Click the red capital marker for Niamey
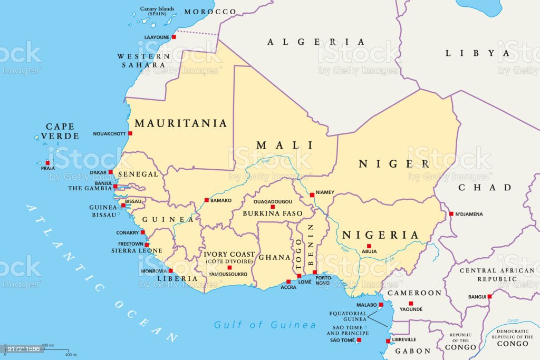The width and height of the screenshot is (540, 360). pos(312,194)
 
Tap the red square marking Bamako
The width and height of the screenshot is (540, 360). pos(206,200)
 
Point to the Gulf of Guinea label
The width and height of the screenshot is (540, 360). pos(265,325)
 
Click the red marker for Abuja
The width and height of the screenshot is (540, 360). pos(369,246)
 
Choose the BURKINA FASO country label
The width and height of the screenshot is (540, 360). pos(273,213)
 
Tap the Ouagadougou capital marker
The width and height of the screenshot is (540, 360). pos(273,207)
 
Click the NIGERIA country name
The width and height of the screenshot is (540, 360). pos(381,235)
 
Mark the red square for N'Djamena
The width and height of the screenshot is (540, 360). pos(451,214)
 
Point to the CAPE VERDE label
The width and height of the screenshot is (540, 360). pos(60,131)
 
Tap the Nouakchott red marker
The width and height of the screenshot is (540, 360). pos(130,134)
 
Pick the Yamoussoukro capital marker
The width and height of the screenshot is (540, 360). pos(229,268)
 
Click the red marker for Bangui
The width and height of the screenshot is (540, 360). pos(489,297)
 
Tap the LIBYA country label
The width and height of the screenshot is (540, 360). pos(478,53)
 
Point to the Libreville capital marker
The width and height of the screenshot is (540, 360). pos(388,341)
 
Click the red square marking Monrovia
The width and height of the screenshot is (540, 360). pos(171,271)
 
